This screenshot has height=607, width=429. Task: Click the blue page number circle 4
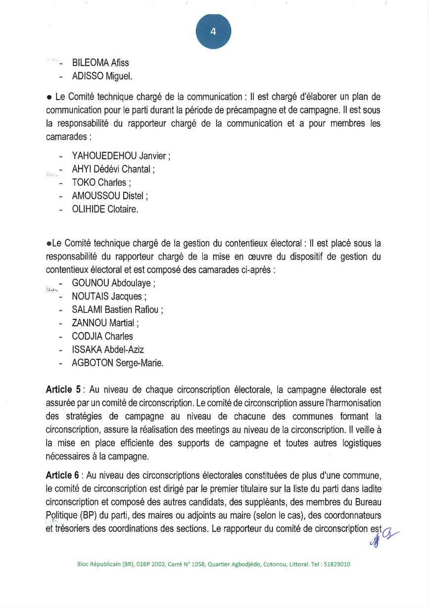[x=213, y=32]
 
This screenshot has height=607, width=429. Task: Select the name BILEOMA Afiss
[x=100, y=63]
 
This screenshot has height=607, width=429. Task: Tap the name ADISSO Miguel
[x=102, y=76]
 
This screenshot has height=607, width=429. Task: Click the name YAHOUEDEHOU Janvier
[x=121, y=157]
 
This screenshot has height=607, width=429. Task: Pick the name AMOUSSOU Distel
[x=110, y=196]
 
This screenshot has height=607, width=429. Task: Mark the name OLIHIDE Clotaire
[x=104, y=209]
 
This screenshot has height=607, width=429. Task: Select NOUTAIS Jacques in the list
[x=109, y=297]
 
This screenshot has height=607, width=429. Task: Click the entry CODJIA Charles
[x=102, y=336]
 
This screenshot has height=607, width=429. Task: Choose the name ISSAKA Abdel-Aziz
[x=108, y=350]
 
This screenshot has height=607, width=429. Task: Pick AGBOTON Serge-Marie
[x=117, y=362]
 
